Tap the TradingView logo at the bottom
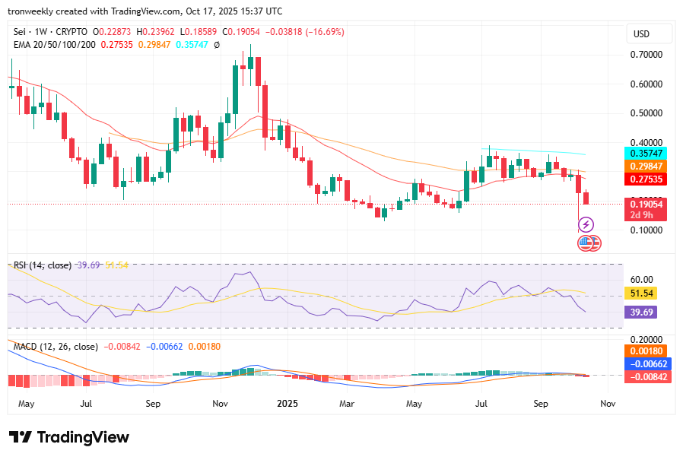point(69,437)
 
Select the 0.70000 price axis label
point(646,56)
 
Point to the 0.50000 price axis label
point(646,113)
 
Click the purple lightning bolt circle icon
point(586,224)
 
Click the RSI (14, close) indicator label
point(43,265)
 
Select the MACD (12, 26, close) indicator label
point(56,347)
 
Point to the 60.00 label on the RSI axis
point(642,280)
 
